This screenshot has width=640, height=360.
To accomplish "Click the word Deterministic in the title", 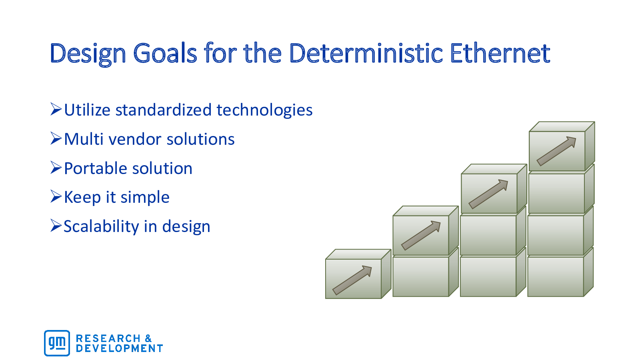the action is coord(366,53).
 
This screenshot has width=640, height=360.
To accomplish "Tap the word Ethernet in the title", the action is coord(500,53).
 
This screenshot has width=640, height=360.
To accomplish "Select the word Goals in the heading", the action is coord(165,53).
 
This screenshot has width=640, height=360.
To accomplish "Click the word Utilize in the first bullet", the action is coord(87,110).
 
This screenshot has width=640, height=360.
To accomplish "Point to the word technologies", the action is coord(264,110).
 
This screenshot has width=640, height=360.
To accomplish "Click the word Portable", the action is coord(96,168).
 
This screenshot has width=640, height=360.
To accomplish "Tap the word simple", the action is coord(145,198).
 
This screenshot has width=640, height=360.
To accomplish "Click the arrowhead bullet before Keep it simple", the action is coord(56,196).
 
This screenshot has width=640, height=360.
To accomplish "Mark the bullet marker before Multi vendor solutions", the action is coord(56,138).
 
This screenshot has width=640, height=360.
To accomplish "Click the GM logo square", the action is coord(57,343).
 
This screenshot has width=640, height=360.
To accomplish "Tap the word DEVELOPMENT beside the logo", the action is coord(120,348).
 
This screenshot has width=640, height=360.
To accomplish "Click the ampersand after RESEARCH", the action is coord(148,338).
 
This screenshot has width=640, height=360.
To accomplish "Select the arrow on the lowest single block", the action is coord(352,280).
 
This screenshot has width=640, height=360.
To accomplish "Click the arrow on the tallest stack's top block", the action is coord(556,151).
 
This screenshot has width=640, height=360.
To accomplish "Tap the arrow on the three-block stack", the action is coord(488,194).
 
